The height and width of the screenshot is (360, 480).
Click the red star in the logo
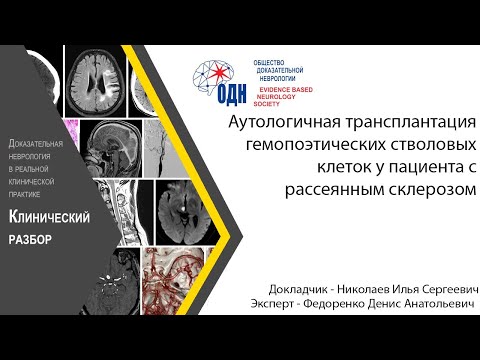[216, 73]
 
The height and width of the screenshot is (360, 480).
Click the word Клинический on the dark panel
[50, 217]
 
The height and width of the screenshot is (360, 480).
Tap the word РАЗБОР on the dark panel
[29, 240]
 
